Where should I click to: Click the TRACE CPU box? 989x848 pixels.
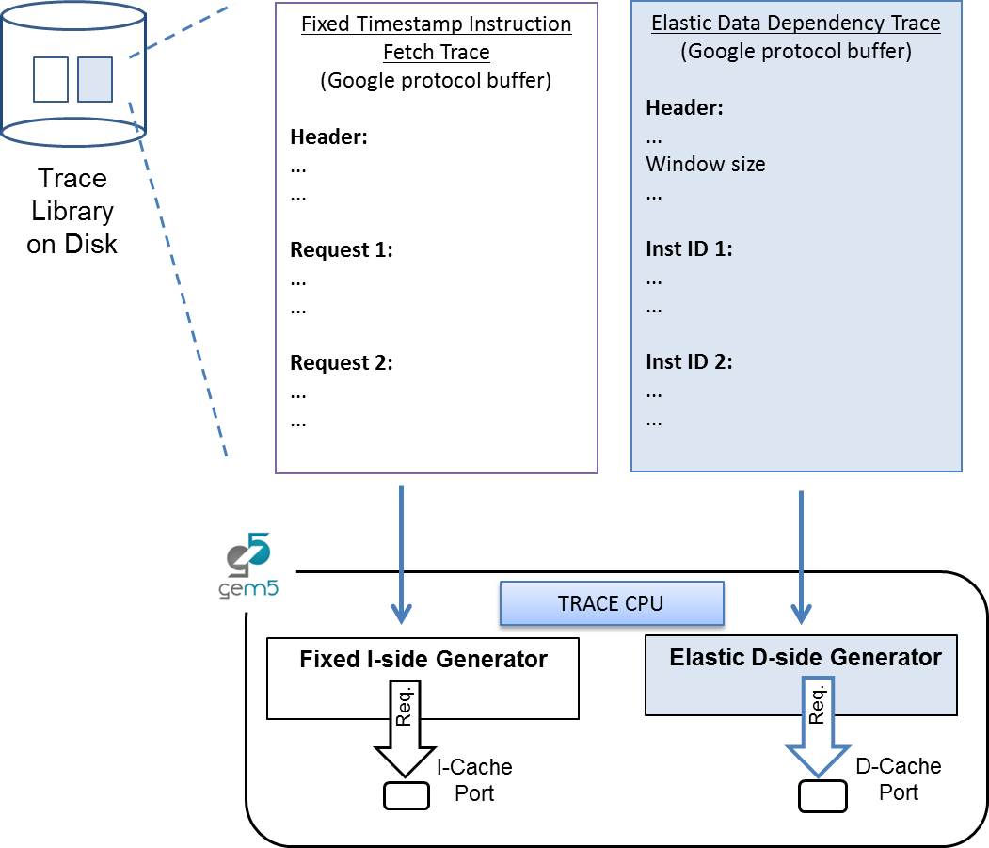coord(611,603)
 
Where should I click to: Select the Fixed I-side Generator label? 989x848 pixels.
coord(423,660)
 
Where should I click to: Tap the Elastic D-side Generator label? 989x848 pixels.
coord(806,657)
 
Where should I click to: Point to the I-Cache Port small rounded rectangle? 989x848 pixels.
coord(407,796)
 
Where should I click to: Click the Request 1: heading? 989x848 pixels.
coord(341,250)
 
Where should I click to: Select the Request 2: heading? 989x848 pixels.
coord(341,362)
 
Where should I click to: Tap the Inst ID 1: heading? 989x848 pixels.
coord(689,249)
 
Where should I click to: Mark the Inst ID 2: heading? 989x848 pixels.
coord(689,361)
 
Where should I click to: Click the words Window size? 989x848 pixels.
coord(706,165)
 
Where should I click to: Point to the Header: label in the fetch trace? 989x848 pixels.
coord(328,137)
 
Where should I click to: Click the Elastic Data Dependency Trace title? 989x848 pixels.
coord(796,24)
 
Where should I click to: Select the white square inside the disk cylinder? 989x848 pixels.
coord(51,79)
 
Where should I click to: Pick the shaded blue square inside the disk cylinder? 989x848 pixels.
coord(95,79)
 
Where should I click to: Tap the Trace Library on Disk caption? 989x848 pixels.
coord(72,211)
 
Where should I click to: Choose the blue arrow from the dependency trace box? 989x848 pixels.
coord(801,555)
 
